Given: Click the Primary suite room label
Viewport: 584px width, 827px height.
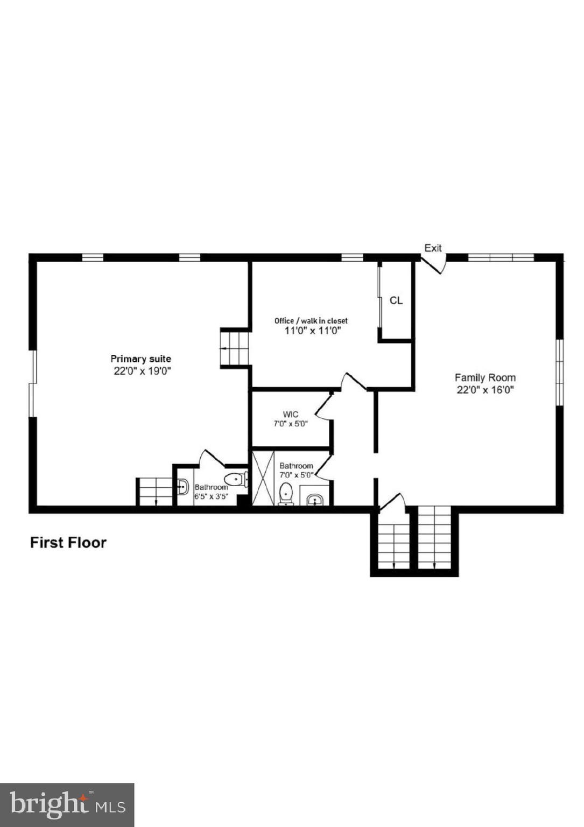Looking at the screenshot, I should tap(140, 359).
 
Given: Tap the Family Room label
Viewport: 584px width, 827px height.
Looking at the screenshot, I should tap(485, 377).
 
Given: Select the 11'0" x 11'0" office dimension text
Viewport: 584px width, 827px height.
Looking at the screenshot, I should tap(313, 331).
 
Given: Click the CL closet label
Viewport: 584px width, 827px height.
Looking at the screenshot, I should tap(396, 300).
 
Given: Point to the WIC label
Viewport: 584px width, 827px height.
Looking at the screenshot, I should tap(290, 414).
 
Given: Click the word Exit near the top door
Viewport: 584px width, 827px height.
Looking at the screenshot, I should tap(433, 248).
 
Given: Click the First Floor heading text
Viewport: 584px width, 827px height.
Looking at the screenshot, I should tap(68, 542).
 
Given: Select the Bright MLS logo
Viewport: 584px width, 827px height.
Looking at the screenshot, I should tap(67, 805).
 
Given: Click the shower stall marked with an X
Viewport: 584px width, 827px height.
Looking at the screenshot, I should tap(263, 478).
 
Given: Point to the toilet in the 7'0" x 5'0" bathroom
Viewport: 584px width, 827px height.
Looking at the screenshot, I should tap(286, 493).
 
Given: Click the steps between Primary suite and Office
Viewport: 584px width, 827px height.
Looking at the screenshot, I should tap(235, 348).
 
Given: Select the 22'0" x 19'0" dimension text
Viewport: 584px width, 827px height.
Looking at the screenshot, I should tap(142, 371).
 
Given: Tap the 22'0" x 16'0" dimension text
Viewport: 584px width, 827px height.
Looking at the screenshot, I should tap(485, 390).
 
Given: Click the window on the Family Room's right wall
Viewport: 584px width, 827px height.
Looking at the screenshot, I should tap(560, 372).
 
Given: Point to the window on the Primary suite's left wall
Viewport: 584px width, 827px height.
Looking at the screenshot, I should tap(32, 383).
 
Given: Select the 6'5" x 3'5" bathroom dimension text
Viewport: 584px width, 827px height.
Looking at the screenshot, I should tap(212, 496).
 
